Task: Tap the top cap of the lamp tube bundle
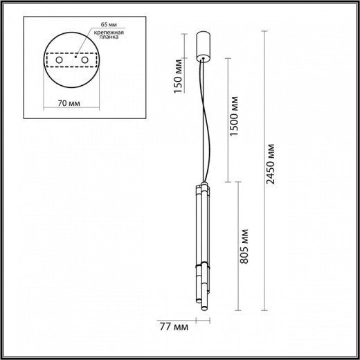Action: click(201, 187)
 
